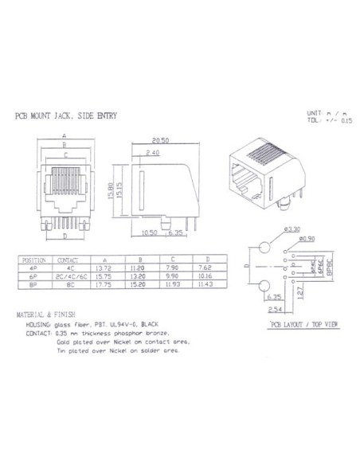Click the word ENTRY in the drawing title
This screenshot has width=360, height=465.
click(x=105, y=116)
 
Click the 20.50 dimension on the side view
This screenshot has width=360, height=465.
click(x=162, y=140)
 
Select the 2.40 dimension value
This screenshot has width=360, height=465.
click(x=155, y=151)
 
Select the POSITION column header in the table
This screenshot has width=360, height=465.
click(x=35, y=260)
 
